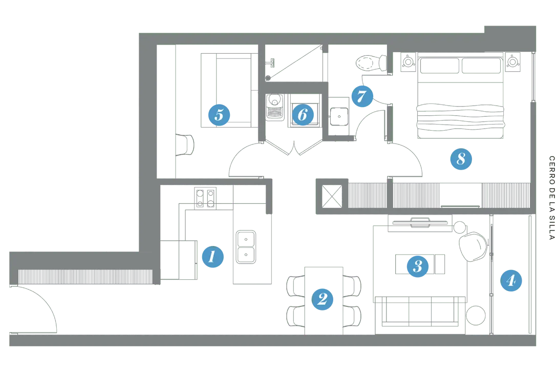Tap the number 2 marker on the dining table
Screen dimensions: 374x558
coord(322,299)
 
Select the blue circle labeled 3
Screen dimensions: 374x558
coord(417,265)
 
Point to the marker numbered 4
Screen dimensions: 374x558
coord(510,280)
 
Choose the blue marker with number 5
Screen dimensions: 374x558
coord(219,115)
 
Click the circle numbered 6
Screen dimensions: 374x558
coord(302,115)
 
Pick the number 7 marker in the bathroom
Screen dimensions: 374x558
coord(361,96)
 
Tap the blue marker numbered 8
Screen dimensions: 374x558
coord(460,159)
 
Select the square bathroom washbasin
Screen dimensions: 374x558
coord(338,117)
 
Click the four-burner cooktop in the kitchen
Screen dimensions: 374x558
coord(206,197)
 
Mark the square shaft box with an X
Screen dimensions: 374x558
coord(332,197)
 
